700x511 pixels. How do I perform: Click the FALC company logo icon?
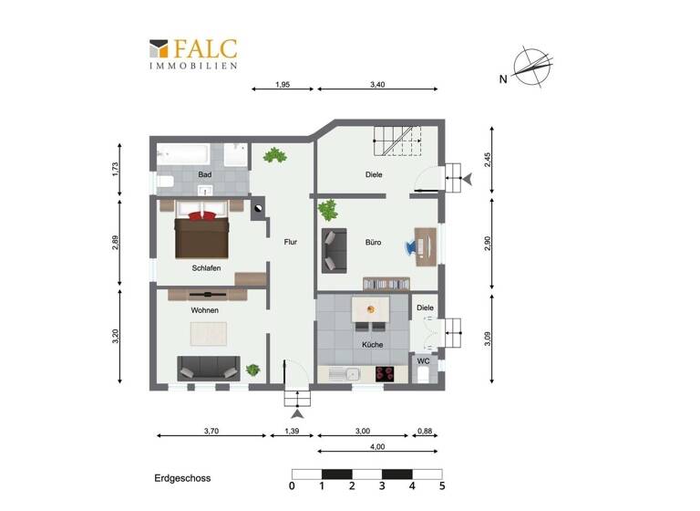[159, 48]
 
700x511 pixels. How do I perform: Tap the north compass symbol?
[531, 67]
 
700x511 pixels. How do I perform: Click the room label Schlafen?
[207, 268]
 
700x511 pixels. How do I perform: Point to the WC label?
[424, 361]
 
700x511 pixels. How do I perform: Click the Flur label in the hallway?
[291, 243]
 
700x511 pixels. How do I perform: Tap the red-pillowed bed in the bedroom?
[202, 232]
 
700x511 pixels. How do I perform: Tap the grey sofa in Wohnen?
[209, 368]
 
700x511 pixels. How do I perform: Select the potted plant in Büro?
[327, 211]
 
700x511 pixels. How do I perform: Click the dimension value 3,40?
[377, 85]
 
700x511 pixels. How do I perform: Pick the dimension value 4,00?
[377, 446]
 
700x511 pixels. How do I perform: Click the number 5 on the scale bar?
[442, 486]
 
